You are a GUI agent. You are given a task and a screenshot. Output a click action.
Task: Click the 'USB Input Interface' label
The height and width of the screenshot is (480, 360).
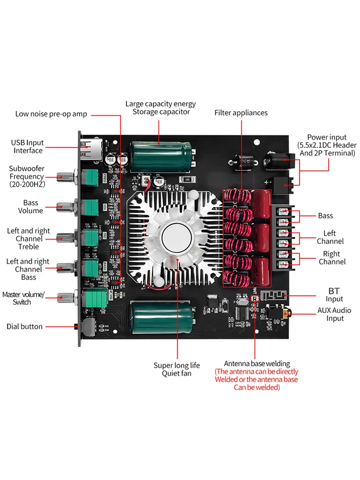tap(27, 146)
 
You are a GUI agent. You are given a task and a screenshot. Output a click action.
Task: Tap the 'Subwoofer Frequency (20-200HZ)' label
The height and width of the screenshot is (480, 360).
tap(27, 176)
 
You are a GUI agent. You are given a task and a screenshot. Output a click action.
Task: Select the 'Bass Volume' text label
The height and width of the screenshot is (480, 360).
tap(30, 207)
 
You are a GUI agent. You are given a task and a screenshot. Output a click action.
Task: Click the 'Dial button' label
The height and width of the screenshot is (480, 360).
tap(24, 326)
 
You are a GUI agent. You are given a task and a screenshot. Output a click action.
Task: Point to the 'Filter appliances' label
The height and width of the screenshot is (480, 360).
tap(241, 113)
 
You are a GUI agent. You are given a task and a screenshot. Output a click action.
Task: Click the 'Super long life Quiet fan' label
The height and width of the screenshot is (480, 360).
tap(177, 369)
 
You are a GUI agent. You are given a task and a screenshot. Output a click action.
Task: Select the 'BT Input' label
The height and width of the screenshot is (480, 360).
tap(335, 295)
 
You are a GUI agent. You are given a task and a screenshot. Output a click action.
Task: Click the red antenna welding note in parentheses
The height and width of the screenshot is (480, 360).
tap(256, 379)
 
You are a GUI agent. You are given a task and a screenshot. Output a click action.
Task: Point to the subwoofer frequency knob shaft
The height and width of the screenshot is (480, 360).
tap(65, 177)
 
